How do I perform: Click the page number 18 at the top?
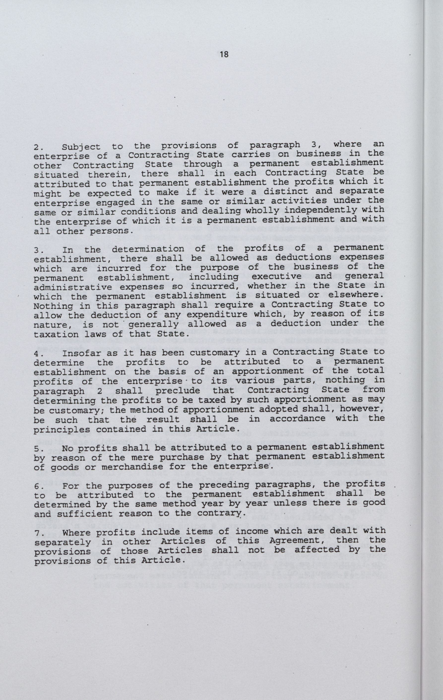click(x=224, y=54)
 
